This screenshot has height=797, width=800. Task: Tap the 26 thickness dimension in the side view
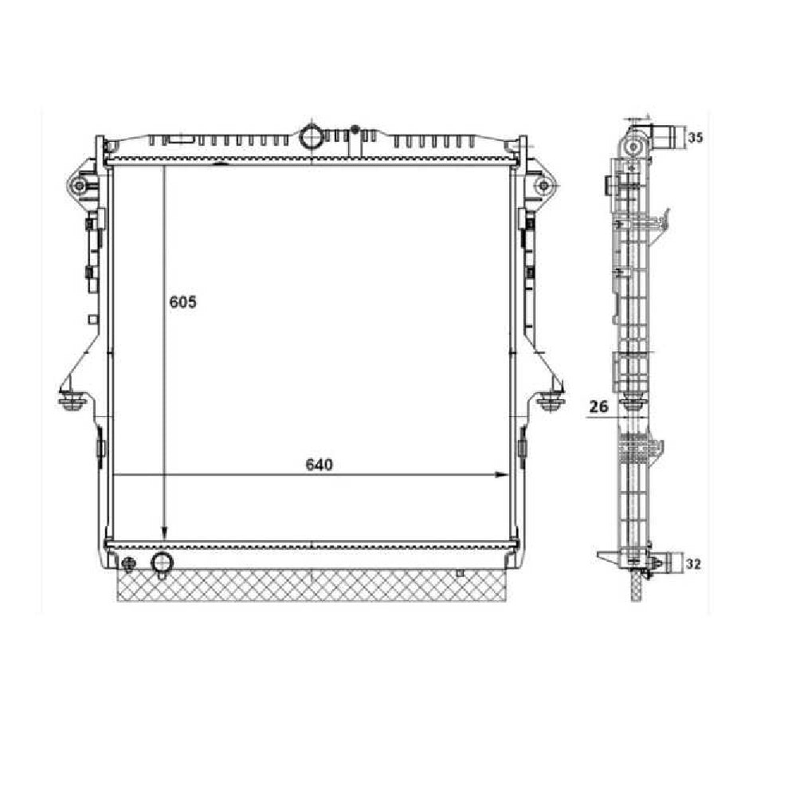598,406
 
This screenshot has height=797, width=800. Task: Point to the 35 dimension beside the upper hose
695,138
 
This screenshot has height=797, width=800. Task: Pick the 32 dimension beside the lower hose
693,564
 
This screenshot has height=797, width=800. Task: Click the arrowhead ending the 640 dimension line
502,474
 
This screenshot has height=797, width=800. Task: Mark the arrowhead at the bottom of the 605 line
164,534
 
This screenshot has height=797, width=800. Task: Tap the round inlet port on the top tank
311,136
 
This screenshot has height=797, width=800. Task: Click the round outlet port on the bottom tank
163,563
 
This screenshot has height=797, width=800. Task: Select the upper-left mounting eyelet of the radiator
78,186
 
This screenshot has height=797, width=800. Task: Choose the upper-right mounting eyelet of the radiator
544,186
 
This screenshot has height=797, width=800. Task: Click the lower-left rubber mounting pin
73,401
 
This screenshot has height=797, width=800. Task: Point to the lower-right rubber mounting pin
549,401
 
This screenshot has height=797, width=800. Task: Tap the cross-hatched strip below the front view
311,586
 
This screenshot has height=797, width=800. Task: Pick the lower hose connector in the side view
669,563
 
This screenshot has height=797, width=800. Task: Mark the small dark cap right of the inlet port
355,128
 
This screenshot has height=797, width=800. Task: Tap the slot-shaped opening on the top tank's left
180,141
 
